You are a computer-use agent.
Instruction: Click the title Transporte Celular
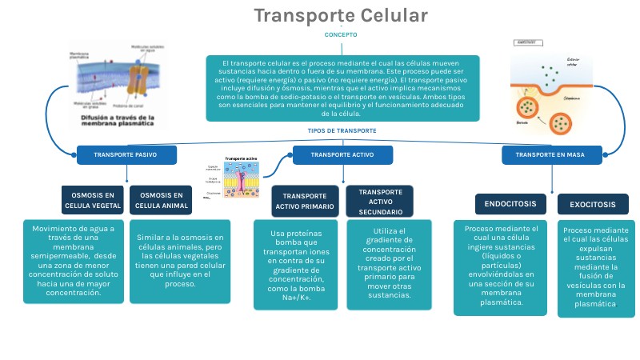[341, 16]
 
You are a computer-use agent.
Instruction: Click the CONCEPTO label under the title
[341, 35]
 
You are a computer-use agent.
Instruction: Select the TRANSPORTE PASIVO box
[126, 154]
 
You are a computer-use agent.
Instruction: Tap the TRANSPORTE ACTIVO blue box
[342, 154]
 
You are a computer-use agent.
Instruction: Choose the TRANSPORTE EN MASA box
[553, 154]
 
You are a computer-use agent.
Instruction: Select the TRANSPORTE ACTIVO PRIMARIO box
[305, 201]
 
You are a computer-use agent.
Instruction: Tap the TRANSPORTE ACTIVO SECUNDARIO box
[380, 202]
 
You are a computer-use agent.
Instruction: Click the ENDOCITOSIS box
[510, 204]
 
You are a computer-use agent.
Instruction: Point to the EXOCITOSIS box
[593, 204]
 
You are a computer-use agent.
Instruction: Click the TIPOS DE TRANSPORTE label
[342, 130]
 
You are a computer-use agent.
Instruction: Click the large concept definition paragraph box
[342, 87]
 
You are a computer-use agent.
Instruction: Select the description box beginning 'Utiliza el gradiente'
[381, 264]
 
